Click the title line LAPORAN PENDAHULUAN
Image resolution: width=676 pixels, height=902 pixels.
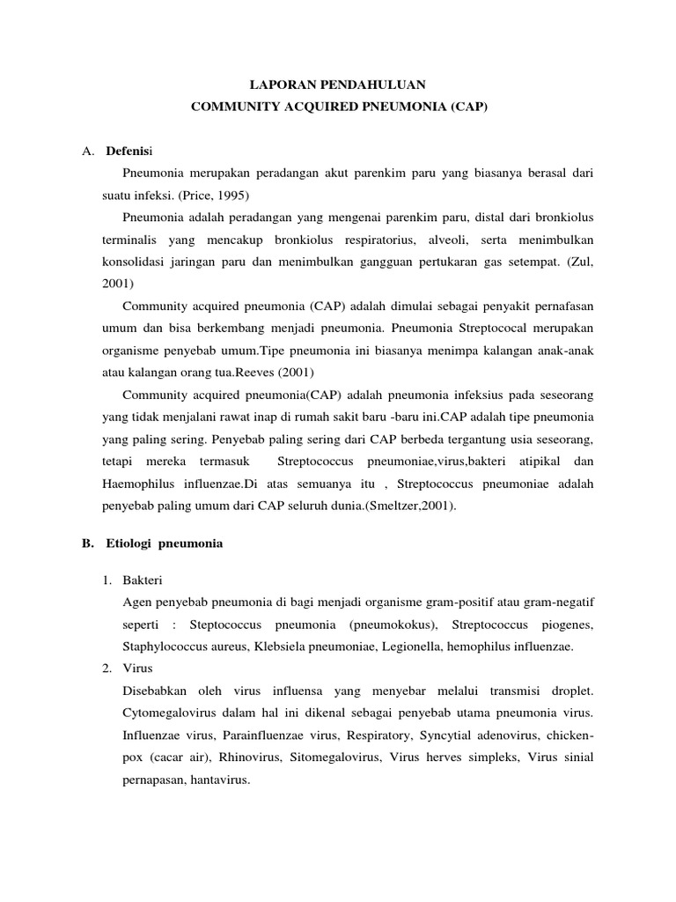click(338, 85)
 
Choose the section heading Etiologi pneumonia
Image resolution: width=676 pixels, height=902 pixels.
click(165, 543)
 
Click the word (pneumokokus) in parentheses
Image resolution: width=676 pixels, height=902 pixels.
click(392, 624)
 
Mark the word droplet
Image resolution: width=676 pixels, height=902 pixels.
click(569, 691)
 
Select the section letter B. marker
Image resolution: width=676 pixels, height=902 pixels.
click(88, 543)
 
